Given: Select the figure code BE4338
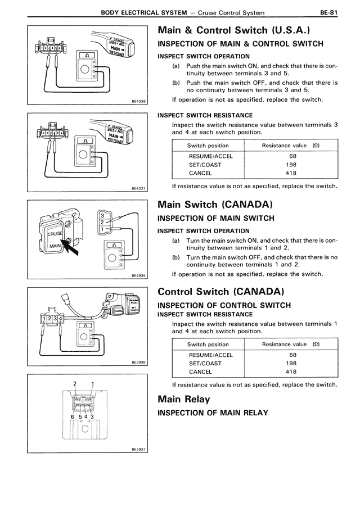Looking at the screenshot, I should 138,101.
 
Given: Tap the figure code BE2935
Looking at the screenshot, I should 138,276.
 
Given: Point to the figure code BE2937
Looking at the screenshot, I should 138,450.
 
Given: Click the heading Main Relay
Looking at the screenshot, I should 184,399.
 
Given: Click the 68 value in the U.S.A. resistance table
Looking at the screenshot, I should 292,156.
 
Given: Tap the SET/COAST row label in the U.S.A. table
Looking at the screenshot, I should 205,165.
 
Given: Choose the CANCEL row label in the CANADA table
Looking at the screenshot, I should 200,371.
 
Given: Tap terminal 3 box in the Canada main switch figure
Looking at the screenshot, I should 102,215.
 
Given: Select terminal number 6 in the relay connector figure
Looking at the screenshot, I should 73,416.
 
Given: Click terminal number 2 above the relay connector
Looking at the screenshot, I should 75,384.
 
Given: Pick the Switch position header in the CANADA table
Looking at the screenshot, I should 208,344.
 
